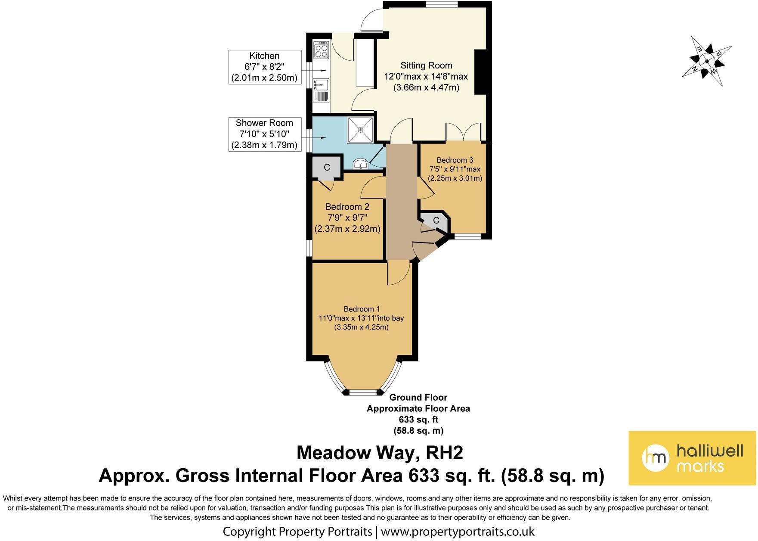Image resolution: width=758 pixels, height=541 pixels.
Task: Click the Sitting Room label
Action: coord(426,65)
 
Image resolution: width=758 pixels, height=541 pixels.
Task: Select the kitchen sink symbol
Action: coord(321,90)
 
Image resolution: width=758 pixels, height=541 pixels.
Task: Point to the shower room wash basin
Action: coord(360,164)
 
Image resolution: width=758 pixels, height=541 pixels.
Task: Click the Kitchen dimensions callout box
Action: coord(265,67)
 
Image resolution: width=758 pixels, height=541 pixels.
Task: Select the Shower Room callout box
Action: coord(264,134)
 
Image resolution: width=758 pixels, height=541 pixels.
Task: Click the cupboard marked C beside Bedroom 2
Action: coord(327,167)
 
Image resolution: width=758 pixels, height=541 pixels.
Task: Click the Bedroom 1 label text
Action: coord(362,309)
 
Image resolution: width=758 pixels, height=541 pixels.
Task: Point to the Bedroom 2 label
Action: coord(347,207)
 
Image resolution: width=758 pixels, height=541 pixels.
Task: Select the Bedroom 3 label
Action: coord(455,160)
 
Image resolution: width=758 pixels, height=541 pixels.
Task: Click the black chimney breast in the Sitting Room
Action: coord(481,72)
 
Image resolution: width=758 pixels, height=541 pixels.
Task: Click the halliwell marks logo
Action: coord(692,458)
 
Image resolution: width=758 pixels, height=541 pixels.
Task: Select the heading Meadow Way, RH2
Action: coord(380,453)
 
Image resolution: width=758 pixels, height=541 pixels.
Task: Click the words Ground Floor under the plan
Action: coord(418,397)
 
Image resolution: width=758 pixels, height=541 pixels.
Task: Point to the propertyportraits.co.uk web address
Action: coord(458,531)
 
